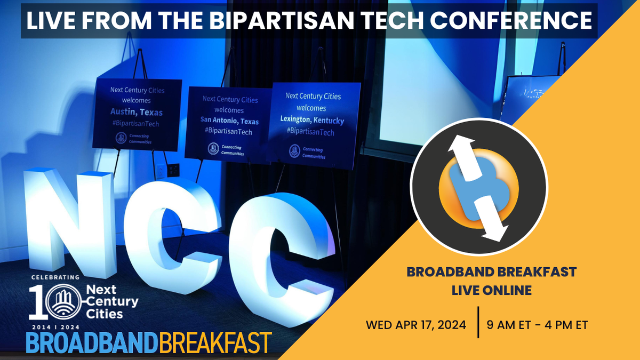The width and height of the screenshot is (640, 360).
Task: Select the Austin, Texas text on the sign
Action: coord(137,112)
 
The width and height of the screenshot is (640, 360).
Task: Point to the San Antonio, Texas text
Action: coord(229,121)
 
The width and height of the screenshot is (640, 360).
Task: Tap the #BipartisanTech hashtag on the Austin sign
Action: coord(135,124)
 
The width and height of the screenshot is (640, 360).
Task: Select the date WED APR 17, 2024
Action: coord(416,324)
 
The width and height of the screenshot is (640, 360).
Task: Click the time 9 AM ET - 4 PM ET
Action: coord(538,324)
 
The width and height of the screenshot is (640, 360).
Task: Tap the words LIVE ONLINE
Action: coord(491,291)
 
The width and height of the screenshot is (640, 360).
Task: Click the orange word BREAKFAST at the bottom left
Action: coord(214,343)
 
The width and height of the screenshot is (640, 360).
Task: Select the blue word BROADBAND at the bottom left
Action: coord(91,343)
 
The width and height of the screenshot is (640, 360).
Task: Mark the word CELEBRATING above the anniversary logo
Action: coord(55,277)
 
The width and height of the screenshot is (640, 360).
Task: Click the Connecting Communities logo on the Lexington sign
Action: coord(294,151)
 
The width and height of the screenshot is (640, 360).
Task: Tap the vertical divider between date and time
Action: coord(477,322)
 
